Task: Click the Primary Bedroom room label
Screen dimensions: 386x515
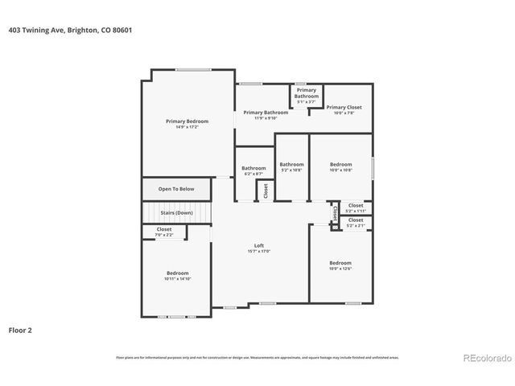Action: click(182, 121)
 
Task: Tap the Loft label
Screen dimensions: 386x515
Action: click(259, 245)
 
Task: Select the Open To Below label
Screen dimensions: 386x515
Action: click(175, 189)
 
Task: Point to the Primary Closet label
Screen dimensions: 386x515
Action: click(344, 107)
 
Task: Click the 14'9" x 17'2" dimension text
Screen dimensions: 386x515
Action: click(182, 127)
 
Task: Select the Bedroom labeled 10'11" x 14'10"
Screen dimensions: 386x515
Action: click(178, 273)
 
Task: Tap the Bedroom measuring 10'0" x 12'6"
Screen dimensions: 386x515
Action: click(340, 263)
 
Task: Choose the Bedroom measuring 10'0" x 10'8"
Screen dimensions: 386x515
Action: click(340, 165)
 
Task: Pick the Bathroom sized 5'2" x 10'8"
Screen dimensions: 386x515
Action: click(291, 165)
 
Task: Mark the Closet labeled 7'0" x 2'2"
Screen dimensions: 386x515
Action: click(164, 230)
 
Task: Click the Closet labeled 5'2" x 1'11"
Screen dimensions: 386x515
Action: click(355, 206)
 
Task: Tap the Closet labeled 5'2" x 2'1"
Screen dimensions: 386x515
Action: click(355, 220)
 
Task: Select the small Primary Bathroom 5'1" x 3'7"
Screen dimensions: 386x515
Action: click(307, 93)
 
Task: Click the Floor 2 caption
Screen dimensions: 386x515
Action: click(20, 330)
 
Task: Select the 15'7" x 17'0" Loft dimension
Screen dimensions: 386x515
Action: click(259, 252)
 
